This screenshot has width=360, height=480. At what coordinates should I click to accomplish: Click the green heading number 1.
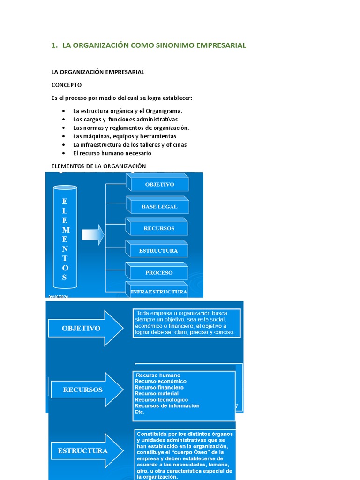point(53,45)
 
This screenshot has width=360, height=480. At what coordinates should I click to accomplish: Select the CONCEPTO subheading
point(66,85)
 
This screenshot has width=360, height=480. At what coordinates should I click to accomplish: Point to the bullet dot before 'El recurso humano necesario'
point(63,153)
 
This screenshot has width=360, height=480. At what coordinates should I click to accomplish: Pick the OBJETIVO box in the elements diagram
point(159,184)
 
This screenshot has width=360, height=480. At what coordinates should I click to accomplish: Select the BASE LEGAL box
point(159,206)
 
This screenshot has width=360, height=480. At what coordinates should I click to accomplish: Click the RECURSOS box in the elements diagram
point(159,228)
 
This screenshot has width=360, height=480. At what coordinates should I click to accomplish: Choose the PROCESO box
point(159,272)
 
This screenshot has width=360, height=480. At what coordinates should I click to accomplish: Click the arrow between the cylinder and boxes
point(93,234)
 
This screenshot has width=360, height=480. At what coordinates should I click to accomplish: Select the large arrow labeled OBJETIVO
point(84,328)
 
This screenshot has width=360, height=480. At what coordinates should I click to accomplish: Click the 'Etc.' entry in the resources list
point(139,412)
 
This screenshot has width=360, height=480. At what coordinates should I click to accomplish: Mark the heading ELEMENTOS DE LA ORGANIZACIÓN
point(98,166)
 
